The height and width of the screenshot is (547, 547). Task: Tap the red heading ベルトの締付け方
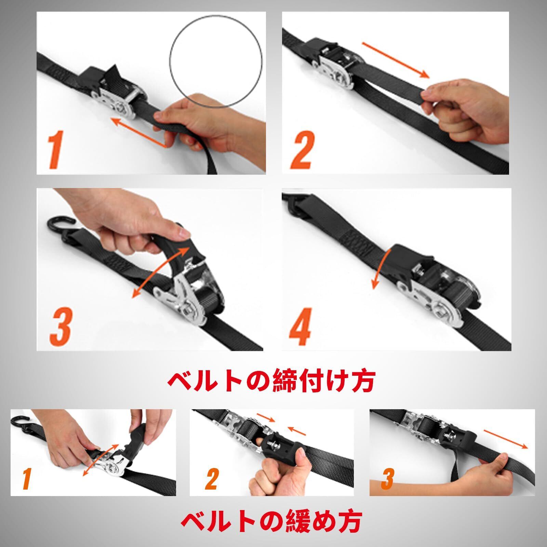pos(271,381)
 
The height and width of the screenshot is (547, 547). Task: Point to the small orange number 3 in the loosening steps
pos(388,479)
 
